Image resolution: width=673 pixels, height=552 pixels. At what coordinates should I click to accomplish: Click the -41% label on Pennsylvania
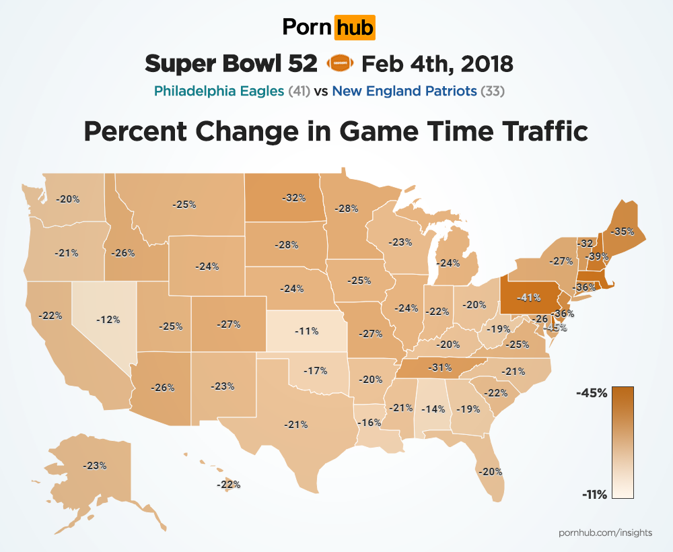click(x=528, y=296)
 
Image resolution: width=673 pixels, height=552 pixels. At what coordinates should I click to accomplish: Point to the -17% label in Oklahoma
click(x=315, y=370)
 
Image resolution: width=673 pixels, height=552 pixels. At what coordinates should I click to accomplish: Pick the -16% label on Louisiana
click(x=369, y=423)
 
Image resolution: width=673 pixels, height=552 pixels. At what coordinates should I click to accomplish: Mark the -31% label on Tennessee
click(x=440, y=368)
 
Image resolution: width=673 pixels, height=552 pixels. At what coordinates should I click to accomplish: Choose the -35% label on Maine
click(x=621, y=231)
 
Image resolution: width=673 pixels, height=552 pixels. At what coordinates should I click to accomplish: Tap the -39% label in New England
click(x=597, y=256)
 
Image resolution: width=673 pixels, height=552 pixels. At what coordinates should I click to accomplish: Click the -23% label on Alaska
click(x=94, y=465)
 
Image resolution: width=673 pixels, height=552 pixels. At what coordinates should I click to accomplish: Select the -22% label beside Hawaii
click(x=229, y=484)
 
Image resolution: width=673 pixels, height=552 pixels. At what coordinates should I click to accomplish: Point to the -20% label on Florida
click(x=489, y=471)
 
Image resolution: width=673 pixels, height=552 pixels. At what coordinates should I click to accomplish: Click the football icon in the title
click(x=339, y=64)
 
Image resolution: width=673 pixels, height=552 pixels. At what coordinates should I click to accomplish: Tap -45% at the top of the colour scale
click(x=592, y=393)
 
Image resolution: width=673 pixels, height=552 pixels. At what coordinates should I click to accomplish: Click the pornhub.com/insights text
click(x=605, y=532)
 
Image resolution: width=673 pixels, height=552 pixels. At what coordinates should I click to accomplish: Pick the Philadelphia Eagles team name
click(x=219, y=91)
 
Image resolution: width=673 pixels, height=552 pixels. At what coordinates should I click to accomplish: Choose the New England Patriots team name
click(x=404, y=91)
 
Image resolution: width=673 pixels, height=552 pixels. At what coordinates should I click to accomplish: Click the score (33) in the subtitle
click(x=493, y=91)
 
